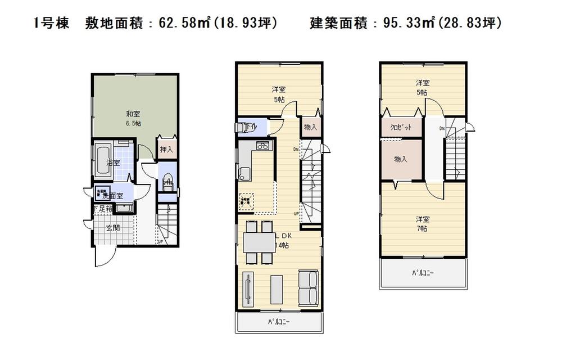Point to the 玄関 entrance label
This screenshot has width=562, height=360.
[112, 228]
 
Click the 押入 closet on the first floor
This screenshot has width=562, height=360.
[166, 150]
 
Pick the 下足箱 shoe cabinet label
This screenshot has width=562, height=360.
[103, 209]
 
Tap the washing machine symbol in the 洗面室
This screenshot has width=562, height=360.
[102, 192]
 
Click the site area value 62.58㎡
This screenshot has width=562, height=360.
[178, 23]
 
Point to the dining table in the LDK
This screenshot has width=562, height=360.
[259, 243]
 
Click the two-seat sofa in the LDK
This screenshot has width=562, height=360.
[308, 287]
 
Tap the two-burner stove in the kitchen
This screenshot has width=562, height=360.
[263, 146]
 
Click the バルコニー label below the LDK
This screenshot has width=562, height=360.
[279, 322]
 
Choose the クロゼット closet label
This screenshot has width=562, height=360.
[401, 127]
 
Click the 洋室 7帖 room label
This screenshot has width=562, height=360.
[422, 223]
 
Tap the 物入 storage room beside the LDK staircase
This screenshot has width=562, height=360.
[311, 128]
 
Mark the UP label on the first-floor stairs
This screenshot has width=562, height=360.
[160, 242]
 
